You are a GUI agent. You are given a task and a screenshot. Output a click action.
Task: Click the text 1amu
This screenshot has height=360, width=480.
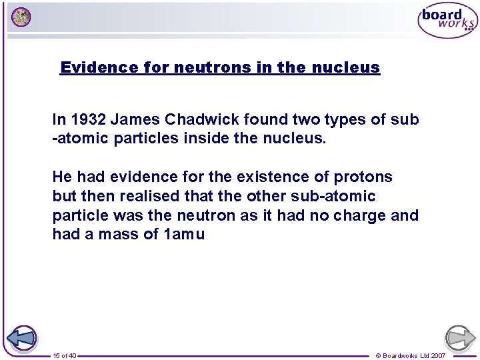tap(183, 235)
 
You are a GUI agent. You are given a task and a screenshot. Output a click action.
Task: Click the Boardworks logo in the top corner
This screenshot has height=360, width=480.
tap(447, 21)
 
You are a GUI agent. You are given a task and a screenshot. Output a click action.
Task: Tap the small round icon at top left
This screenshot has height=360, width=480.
tap(21, 17)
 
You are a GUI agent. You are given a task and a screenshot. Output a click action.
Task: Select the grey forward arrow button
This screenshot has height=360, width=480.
tap(460, 338)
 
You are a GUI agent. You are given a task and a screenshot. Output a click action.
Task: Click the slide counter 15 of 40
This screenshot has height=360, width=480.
tap(64, 356)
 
